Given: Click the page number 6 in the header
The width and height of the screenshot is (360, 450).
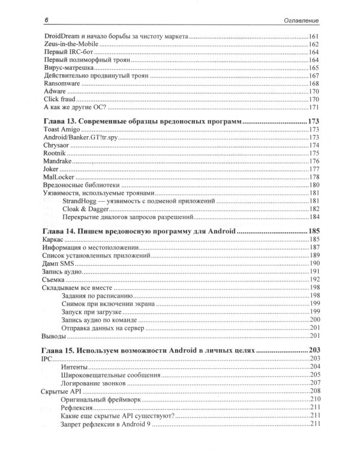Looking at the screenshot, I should point(46,22).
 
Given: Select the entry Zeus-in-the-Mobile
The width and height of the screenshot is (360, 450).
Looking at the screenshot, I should point(72,45).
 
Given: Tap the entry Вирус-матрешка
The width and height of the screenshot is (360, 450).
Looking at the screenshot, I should point(68,69).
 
